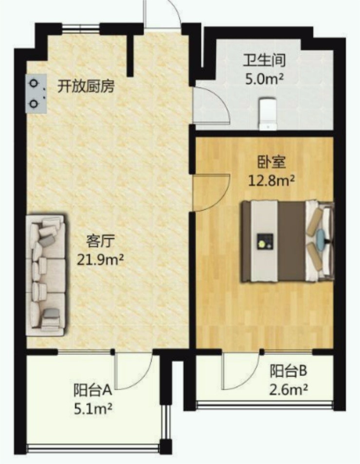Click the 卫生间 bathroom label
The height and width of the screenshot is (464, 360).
pyautogui.click(x=264, y=60)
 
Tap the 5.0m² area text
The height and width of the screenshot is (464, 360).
pyautogui.click(x=264, y=79)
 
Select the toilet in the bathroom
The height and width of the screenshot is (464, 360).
pyautogui.click(x=268, y=114)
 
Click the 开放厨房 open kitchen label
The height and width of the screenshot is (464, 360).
pyautogui.click(x=86, y=87)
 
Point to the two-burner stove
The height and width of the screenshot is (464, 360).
pyautogui.click(x=36, y=93)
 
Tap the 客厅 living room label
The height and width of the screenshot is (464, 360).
pyautogui.click(x=100, y=241)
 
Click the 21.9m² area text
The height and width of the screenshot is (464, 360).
pyautogui.click(x=100, y=260)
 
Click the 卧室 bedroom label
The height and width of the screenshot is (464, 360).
pyautogui.click(x=271, y=162)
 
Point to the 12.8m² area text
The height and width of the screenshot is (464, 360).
pyautogui.click(x=271, y=180)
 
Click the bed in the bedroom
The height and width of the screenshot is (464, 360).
pyautogui.click(x=287, y=241)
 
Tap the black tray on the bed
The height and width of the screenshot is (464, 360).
pyautogui.click(x=265, y=241)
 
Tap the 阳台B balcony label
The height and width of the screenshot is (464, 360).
pyautogui.click(x=288, y=371)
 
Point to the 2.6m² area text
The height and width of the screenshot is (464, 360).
pyautogui.click(x=288, y=390)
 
